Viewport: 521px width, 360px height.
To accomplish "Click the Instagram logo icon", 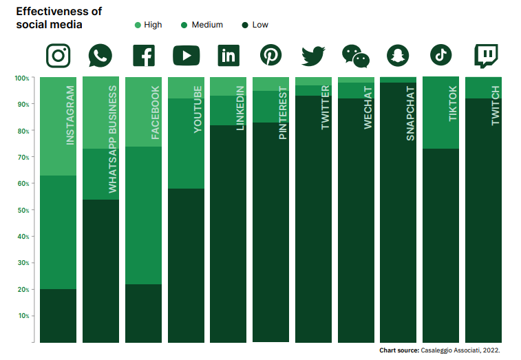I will (x=59, y=55).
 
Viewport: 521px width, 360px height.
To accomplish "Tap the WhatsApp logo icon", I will (x=100, y=55).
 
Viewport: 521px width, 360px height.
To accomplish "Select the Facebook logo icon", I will (x=143, y=55).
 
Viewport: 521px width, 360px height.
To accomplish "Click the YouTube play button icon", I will (x=186, y=55).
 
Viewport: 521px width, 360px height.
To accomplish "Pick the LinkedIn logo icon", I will (x=228, y=55).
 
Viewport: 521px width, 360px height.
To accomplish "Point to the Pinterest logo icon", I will (x=270, y=55).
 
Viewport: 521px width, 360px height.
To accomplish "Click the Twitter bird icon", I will (x=313, y=55).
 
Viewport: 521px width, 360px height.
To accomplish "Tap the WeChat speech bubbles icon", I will (x=356, y=56).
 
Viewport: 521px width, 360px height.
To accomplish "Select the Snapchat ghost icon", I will (x=398, y=55).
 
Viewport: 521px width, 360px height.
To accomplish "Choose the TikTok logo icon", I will (x=440, y=54).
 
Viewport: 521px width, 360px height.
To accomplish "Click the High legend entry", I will (x=148, y=25).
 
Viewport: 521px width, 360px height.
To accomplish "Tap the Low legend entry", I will (x=255, y=25).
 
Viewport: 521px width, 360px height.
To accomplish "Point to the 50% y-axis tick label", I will (x=22, y=210).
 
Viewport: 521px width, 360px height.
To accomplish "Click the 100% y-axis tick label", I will (x=21, y=78).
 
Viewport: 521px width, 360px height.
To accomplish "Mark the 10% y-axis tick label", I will (x=22, y=316).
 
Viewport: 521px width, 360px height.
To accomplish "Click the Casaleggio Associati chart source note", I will (x=439, y=350).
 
